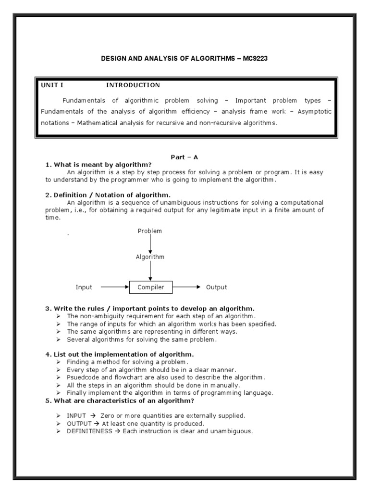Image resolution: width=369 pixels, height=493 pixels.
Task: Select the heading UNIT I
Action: (x=52, y=85)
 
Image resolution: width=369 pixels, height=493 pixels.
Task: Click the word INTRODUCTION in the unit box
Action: (x=133, y=85)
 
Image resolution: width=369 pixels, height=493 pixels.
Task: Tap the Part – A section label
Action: (x=184, y=157)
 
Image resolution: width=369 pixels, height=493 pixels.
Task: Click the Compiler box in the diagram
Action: (x=151, y=287)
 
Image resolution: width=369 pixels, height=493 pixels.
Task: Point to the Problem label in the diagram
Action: (x=150, y=231)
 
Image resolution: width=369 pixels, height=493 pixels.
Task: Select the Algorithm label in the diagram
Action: (x=150, y=257)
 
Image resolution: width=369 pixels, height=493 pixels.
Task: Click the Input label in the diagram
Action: (x=84, y=287)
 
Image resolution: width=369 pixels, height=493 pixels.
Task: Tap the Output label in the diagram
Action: (x=216, y=287)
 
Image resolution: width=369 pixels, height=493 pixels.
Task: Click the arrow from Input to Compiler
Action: (x=115, y=287)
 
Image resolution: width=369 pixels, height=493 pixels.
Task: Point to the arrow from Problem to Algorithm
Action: (x=150, y=244)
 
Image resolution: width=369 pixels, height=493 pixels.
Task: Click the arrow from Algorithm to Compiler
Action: (x=150, y=271)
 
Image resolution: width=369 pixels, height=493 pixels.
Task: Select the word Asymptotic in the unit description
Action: (x=315, y=111)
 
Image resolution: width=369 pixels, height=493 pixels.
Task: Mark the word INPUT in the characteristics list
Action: (x=76, y=415)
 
